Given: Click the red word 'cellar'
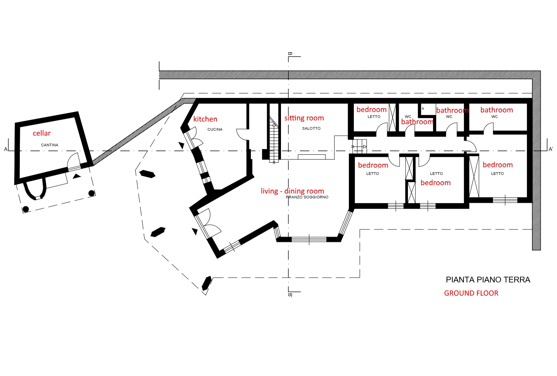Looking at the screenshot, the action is pyautogui.click(x=42, y=133).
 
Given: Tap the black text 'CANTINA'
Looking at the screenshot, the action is pyautogui.click(x=50, y=145).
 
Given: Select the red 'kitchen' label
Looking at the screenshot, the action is pyautogui.click(x=205, y=119).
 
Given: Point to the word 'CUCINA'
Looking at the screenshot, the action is pyautogui.click(x=215, y=129).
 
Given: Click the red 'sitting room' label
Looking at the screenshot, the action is pyautogui.click(x=304, y=118).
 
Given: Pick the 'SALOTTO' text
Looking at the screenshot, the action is pyautogui.click(x=311, y=128).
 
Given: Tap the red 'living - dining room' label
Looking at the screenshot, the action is pyautogui.click(x=292, y=191).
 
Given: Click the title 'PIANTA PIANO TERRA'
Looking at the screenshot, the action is pyautogui.click(x=488, y=280).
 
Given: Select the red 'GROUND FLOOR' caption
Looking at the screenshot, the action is pyautogui.click(x=471, y=293).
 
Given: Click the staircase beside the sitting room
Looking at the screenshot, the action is pyautogui.click(x=274, y=141).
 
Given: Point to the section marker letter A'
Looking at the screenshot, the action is pyautogui.click(x=551, y=149).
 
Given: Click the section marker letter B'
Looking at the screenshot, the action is pyautogui.click(x=290, y=295).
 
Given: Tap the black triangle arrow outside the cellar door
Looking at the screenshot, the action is pyautogui.click(x=77, y=176).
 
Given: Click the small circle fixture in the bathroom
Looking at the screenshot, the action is pyautogui.click(x=423, y=108).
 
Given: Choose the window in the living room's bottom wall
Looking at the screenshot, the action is pyautogui.click(x=309, y=240).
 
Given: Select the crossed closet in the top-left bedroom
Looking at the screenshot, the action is pyautogui.click(x=392, y=117).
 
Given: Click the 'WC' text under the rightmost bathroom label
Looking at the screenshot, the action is pyautogui.click(x=494, y=117).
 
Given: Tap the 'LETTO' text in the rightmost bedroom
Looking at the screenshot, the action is pyautogui.click(x=497, y=173).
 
